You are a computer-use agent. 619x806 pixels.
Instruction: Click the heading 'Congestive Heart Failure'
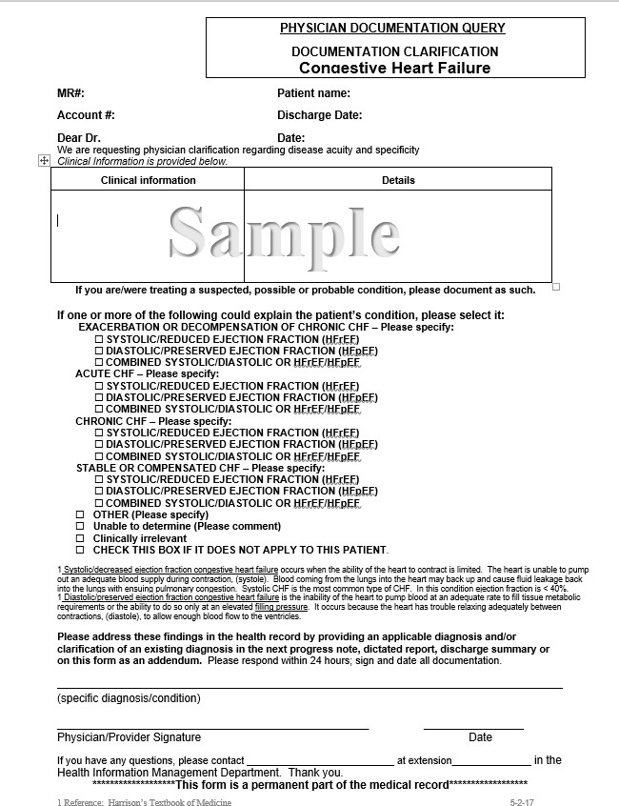pos(394,68)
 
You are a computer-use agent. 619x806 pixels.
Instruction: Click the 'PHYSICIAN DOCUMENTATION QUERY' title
pos(392,29)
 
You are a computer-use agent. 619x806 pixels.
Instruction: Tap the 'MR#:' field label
pos(71,93)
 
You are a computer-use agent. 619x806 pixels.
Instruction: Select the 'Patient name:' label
pos(313,93)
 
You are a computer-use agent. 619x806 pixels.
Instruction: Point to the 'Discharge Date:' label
pos(319,115)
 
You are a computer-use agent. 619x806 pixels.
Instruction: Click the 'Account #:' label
pos(86,115)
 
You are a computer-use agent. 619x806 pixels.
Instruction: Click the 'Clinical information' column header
pos(148,180)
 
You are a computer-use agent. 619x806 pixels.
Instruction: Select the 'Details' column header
pos(398,180)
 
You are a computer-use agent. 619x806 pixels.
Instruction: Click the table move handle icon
pos(44,161)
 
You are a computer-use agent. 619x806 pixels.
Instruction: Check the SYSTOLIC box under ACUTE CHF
pos(99,386)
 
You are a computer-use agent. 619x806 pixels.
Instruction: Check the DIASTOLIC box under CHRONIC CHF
pos(99,444)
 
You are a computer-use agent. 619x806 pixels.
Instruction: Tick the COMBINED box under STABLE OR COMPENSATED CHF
pos(99,503)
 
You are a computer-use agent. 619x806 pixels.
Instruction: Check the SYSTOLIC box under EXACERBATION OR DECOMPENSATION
pos(99,339)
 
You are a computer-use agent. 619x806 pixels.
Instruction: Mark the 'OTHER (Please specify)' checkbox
pos(80,514)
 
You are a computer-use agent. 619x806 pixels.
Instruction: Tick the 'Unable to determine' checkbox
pos(80,526)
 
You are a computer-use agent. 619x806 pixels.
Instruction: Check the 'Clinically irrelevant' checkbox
pos(80,538)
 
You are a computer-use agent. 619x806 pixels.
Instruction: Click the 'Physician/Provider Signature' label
pos(129,737)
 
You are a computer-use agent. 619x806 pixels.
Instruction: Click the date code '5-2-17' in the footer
pos(522,802)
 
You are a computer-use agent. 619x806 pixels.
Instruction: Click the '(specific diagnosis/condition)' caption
pos(129,698)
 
